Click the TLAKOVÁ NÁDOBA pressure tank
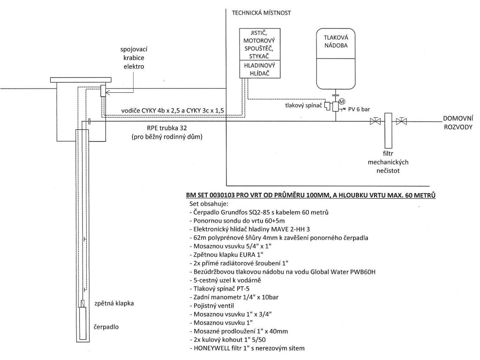[336, 59]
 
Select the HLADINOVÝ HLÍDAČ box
[260, 69]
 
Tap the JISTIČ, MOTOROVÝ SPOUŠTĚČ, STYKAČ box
[260, 45]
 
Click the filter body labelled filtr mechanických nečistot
[388, 130]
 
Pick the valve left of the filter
[375, 121]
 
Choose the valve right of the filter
[401, 121]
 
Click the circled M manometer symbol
[342, 101]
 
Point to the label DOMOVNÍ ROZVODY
[458, 122]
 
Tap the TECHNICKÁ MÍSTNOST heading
[261, 13]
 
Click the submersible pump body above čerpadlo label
[82, 323]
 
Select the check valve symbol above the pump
[82, 303]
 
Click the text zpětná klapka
[114, 303]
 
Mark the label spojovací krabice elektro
[134, 58]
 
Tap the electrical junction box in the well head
[103, 91]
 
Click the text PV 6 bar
[359, 109]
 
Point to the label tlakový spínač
[303, 105]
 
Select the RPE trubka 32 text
[167, 128]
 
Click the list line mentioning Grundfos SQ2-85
[259, 212]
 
